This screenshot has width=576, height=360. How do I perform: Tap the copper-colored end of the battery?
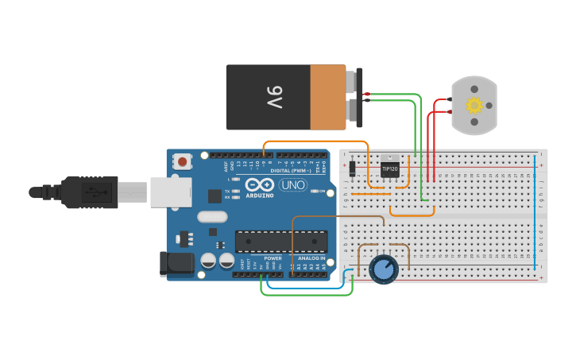point(327,97)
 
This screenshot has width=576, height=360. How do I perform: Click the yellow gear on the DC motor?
point(474,105)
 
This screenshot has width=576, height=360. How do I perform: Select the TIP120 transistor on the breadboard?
point(389,169)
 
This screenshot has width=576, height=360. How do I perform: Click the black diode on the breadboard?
point(352,168)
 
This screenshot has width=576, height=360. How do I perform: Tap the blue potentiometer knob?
point(384,269)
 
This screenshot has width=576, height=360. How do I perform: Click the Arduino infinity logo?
point(260,184)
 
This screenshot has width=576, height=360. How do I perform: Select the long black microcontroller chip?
point(281,242)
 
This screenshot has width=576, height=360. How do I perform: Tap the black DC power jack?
point(176,264)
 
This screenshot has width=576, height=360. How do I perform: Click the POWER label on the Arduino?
point(273,258)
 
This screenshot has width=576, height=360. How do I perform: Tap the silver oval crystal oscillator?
point(212,216)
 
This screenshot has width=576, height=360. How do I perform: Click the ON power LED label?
point(321,192)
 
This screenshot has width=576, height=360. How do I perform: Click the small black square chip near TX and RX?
point(215,195)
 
